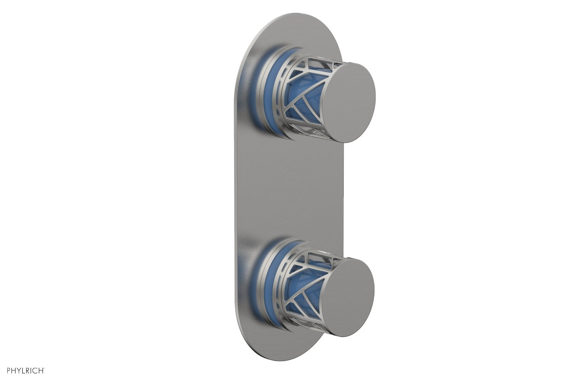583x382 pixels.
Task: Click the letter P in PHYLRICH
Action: [8, 370]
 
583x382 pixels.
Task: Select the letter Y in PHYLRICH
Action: [19, 370]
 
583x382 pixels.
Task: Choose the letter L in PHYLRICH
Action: [24, 370]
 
